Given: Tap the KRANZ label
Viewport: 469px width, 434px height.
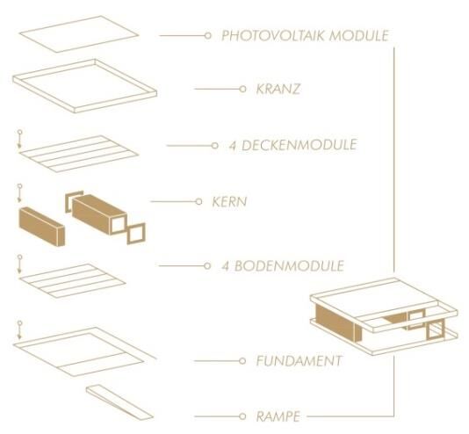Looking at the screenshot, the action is pos(278,89).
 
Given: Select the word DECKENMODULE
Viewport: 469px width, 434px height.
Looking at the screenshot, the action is pos(299,145).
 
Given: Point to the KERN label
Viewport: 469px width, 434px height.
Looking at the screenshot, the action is pos(229,201).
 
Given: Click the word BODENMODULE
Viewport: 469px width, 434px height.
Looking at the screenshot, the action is pos(289,266).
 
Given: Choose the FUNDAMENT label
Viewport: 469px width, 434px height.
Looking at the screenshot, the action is pos(299,361).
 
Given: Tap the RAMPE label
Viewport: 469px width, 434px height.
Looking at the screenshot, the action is pos(278,416).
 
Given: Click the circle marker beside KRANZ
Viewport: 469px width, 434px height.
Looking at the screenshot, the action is pos(243,89).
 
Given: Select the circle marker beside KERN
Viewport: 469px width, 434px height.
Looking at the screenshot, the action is pos(198,201).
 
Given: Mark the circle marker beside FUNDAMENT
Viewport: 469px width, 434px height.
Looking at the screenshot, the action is pos(242,361).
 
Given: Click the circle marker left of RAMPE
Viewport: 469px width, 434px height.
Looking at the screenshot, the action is pos(242,416).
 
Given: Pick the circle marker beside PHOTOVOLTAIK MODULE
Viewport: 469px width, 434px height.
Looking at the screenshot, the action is pos(208,36).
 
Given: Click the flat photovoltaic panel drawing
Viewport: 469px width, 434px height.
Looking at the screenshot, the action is pos(79,34).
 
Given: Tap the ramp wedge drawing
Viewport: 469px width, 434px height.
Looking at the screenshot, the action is pos(119,402).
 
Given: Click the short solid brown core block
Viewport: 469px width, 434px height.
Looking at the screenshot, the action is pos(42,227).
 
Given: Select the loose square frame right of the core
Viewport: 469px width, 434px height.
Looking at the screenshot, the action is pos(136,234).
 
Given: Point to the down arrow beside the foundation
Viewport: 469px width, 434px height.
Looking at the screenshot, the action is pos(19,330).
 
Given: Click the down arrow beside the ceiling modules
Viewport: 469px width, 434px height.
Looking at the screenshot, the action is pos(19,139).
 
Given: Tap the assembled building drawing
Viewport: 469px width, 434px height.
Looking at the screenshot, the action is pos(384,316).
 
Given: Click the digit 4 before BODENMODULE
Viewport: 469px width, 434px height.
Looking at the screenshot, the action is pos(225,266).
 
